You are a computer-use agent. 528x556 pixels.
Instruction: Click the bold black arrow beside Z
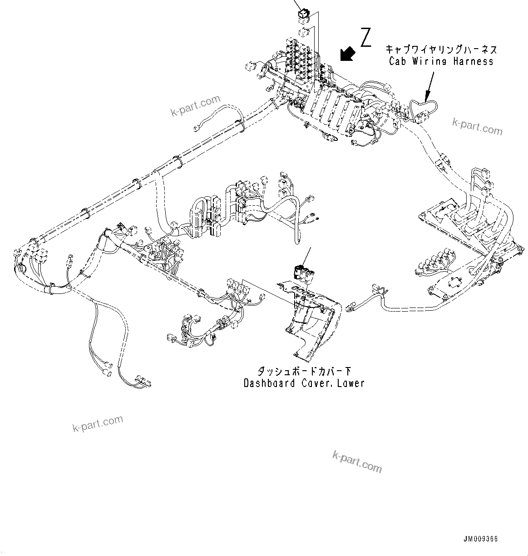coord(347,53)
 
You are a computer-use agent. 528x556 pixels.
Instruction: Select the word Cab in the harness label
coord(397,61)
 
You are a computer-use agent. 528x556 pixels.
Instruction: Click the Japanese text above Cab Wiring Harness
coord(441,49)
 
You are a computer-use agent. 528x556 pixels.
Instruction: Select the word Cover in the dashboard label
coord(316,383)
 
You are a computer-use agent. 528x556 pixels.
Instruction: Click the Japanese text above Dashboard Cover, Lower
coord(304,371)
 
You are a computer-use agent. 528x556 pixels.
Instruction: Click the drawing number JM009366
coord(480,539)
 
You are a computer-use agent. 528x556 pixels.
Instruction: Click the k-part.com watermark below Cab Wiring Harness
coord(477,127)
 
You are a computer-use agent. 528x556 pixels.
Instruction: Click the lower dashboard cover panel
coord(313,318)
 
